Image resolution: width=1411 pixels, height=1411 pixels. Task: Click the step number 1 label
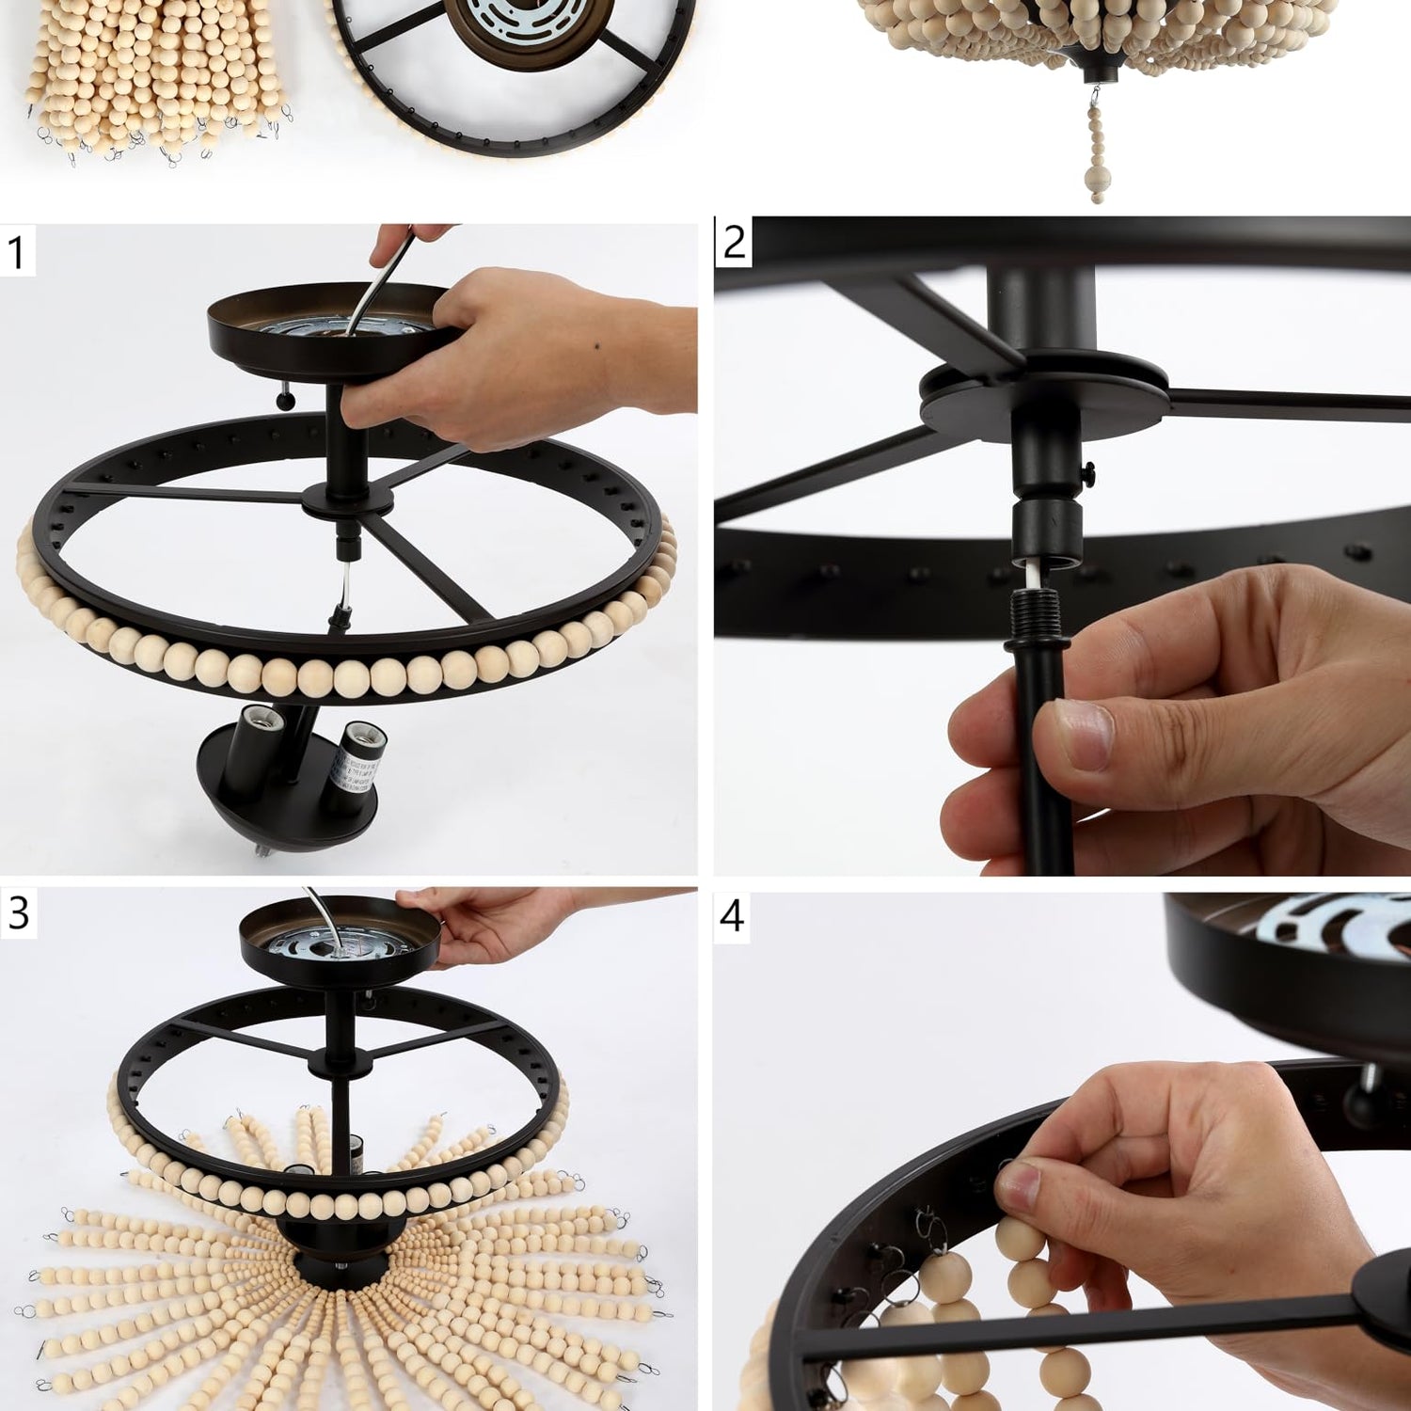(15, 252)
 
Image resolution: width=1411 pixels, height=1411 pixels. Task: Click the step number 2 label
(734, 243)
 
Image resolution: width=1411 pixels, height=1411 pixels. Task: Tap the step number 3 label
(18, 912)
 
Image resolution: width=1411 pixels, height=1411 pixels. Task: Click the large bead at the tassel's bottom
(1096, 179)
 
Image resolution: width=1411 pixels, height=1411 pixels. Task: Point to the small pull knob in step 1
(284, 401)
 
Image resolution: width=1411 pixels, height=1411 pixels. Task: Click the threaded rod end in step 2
(1033, 614)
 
